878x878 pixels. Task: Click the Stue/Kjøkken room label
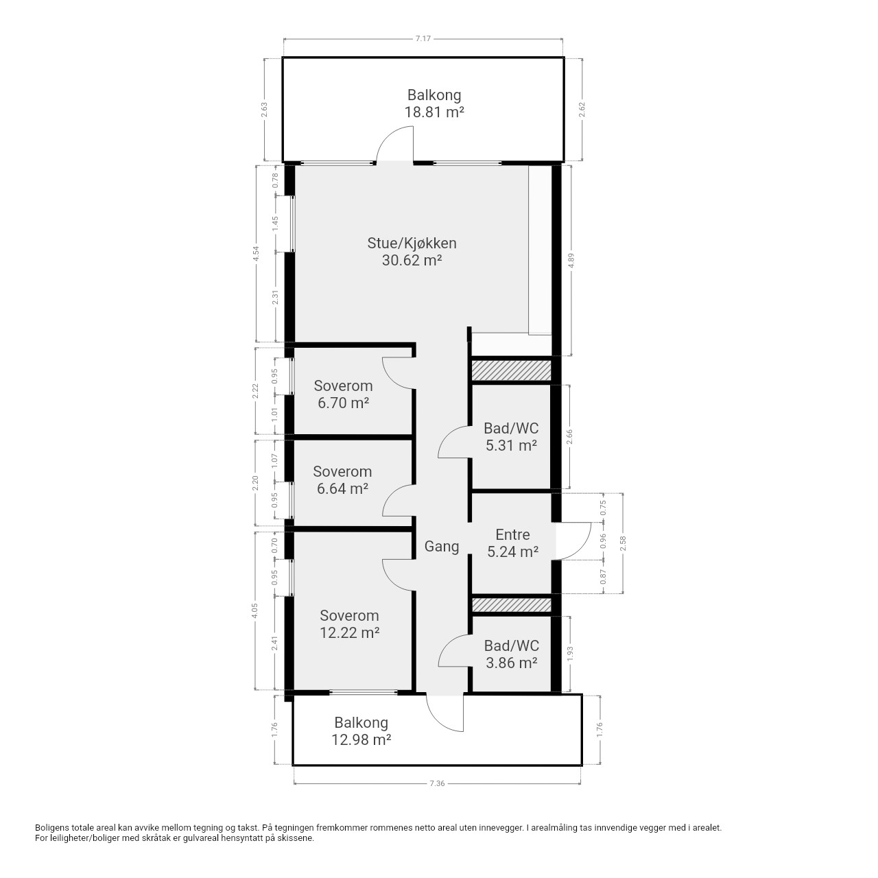coord(412,244)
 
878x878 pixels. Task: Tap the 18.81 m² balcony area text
coord(434,112)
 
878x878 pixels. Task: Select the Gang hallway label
coord(441,546)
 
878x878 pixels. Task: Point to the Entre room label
coord(512,534)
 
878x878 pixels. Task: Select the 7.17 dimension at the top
coord(423,38)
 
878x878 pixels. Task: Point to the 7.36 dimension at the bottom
coord(437,784)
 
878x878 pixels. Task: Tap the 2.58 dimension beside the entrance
coord(624,543)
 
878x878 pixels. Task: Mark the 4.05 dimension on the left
coord(254,611)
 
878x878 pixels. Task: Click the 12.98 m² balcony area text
coord(361,739)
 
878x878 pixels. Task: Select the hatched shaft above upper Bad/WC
coord(511,370)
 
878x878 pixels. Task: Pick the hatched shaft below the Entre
coord(511,605)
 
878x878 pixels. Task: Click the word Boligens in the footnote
coord(52,828)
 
